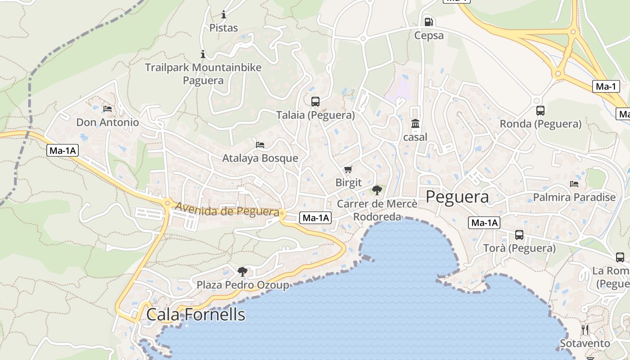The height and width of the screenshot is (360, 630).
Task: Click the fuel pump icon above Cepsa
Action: click(429, 22)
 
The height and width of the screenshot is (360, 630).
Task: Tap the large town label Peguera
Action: click(457, 197)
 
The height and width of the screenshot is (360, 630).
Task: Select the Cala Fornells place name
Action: click(196, 314)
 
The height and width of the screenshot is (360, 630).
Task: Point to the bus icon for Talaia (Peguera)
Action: click(315, 101)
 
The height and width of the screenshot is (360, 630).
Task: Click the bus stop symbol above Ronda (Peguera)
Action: click(540, 110)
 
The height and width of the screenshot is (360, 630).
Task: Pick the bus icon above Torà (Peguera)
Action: click(519, 234)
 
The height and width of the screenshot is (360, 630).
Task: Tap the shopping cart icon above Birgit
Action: click(348, 169)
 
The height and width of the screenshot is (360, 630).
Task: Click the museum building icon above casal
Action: click(415, 123)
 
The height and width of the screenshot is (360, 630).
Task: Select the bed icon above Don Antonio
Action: click(107, 108)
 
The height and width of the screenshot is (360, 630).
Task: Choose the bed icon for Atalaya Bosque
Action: click(260, 144)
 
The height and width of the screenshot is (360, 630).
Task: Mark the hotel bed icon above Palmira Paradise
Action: click(574, 184)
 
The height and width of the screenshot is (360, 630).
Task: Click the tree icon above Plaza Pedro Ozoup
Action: click(243, 271)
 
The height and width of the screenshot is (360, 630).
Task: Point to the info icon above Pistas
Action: click(224, 14)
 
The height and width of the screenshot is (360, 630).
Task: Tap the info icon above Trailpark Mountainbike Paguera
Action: click(203, 54)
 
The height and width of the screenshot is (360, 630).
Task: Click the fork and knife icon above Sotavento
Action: click(585, 330)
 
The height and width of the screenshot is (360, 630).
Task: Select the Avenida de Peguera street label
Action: click(227, 210)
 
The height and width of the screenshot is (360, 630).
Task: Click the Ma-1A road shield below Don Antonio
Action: click(63, 151)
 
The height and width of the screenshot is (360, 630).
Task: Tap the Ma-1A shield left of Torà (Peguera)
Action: click(484, 222)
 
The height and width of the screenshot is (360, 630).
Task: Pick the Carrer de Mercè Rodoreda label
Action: click(377, 210)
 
